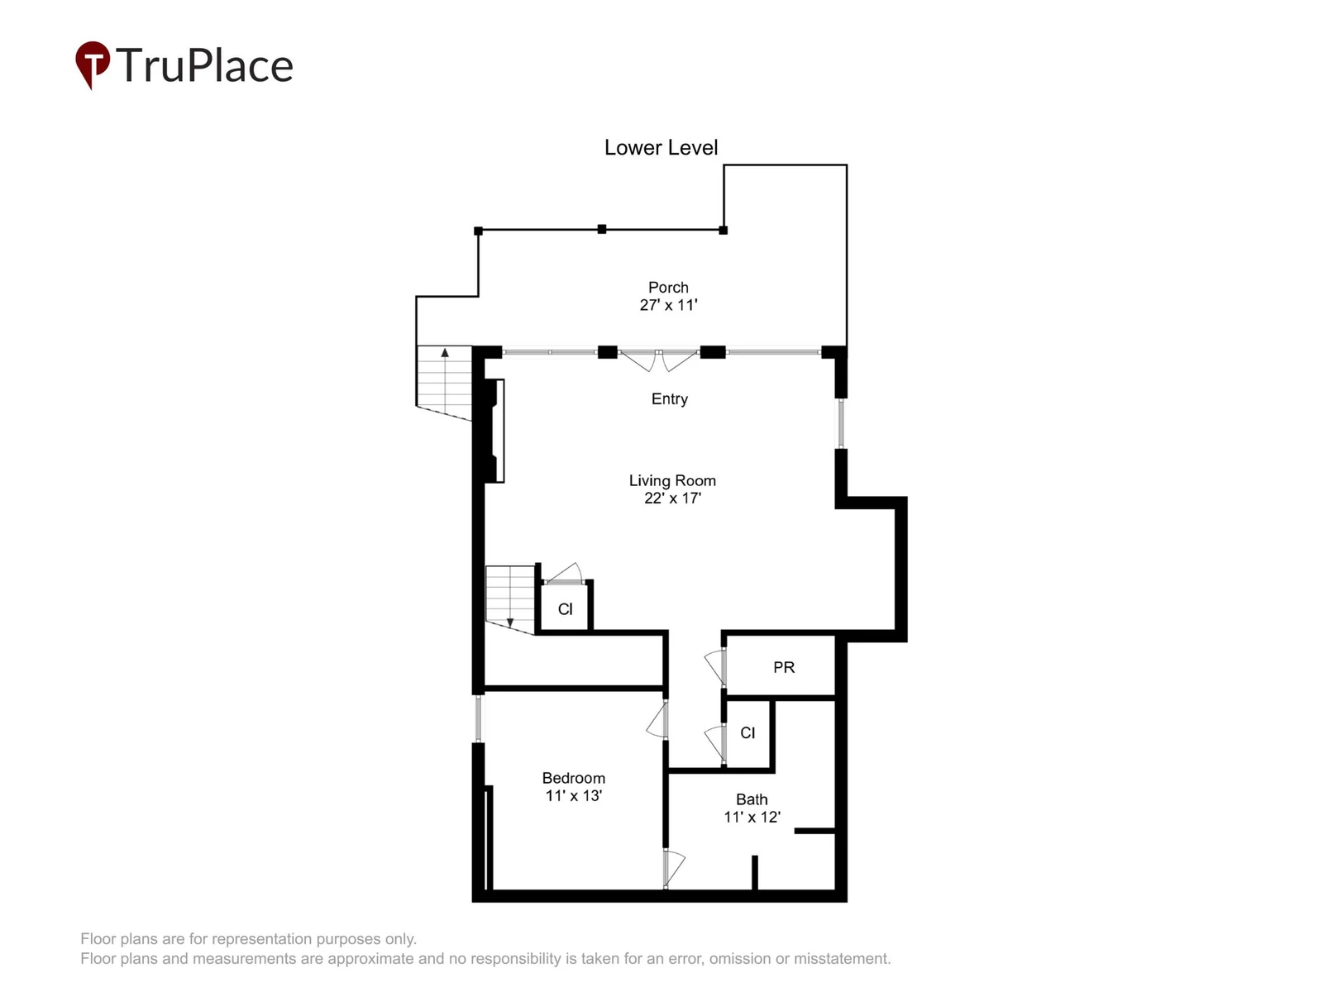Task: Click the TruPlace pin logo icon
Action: (x=93, y=64)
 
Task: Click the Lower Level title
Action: (x=661, y=148)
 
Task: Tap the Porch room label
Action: (x=668, y=288)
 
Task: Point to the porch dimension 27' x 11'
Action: (x=668, y=305)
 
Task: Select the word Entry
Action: (x=669, y=398)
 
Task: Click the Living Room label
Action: (x=672, y=480)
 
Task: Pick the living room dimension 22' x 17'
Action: (x=672, y=498)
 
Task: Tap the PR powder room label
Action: (x=784, y=667)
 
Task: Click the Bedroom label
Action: (x=573, y=778)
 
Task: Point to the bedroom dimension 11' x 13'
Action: (x=573, y=795)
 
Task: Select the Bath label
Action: (x=752, y=799)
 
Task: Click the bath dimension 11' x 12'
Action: (x=752, y=817)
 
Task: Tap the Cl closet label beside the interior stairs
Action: (x=565, y=609)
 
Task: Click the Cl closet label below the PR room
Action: (x=747, y=732)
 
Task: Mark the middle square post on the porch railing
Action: (x=601, y=229)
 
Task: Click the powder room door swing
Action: (x=715, y=667)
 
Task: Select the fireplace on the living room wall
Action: (x=494, y=431)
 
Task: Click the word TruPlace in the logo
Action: (x=204, y=65)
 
